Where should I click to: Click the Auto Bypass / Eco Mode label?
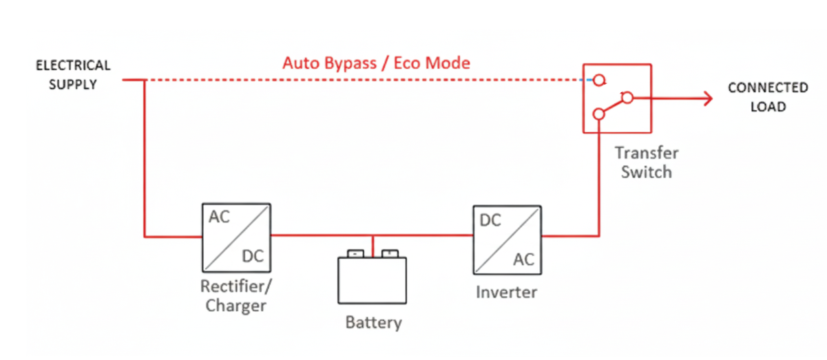coord(376,63)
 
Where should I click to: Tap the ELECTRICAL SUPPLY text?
coord(73,75)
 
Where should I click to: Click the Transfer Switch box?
coord(616,98)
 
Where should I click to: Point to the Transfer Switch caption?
coord(646,162)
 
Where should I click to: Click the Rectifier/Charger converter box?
coord(235,237)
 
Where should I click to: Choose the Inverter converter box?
coord(506,239)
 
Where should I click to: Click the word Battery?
coord(373,322)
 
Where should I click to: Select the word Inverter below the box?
coord(506,292)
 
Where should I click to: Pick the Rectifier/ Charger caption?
coord(235,295)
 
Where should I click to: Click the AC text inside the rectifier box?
coord(220,218)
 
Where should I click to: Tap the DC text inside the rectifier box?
coord(252,257)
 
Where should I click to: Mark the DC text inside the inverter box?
coord(490,220)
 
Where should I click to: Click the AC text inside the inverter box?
coord(523,259)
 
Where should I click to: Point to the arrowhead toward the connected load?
coord(706,99)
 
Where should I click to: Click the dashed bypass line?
coord(358,81)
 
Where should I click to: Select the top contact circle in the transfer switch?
coord(600,81)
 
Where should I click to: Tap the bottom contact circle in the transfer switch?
coord(600,115)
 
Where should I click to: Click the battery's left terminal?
coord(355,253)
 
